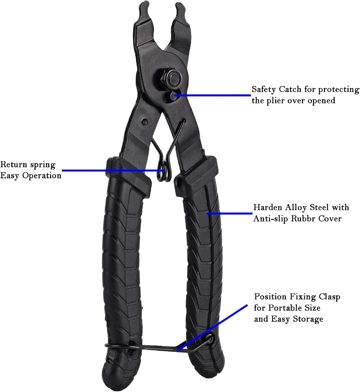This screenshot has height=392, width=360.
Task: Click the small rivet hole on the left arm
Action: point(144,122)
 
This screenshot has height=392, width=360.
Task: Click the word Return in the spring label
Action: point(14,164)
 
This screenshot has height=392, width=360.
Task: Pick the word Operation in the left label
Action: point(42,176)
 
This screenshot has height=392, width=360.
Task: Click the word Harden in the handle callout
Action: point(268,207)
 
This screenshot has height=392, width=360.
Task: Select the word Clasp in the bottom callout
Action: point(329,297)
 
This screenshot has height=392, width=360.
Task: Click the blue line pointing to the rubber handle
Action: point(229,214)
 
